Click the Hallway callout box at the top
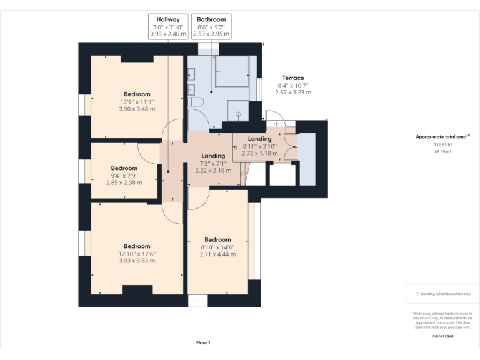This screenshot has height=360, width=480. pyautogui.click(x=167, y=27)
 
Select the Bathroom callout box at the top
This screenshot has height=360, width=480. pyautogui.click(x=211, y=27)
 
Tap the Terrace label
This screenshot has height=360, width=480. pyautogui.click(x=292, y=78)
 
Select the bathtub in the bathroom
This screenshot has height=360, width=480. pyautogui.click(x=232, y=70)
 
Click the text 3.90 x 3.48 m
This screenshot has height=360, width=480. pyautogui.click(x=137, y=109)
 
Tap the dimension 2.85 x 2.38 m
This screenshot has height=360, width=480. pyautogui.click(x=124, y=182)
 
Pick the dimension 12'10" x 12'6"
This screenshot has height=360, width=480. pyautogui.click(x=137, y=254)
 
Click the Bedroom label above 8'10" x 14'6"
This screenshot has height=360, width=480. pyautogui.click(x=217, y=239)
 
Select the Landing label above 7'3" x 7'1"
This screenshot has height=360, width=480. pyautogui.click(x=213, y=156)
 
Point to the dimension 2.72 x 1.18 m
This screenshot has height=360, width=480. pyautogui.click(x=259, y=152)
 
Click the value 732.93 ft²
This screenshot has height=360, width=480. pyautogui.click(x=442, y=144)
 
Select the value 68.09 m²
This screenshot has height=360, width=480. pyautogui.click(x=442, y=151)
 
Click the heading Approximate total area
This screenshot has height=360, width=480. pyautogui.click(x=441, y=136)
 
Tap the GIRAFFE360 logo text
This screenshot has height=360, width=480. pyautogui.click(x=442, y=337)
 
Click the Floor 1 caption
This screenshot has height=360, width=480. pyautogui.click(x=203, y=342)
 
